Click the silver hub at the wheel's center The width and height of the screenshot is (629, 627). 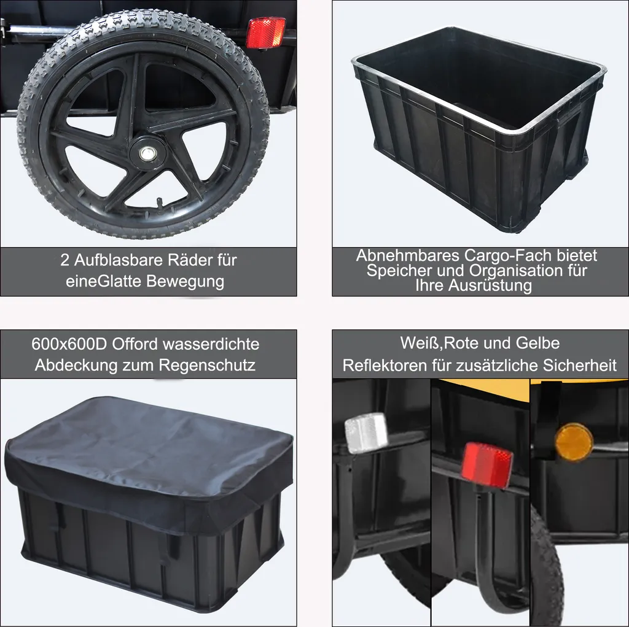148,153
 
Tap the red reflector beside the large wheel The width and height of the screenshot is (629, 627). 265,33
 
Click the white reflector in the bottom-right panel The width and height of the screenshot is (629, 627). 366,433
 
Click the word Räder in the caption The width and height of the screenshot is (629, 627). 190,260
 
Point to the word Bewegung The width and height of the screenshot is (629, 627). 185,281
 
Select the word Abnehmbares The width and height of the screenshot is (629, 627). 408,255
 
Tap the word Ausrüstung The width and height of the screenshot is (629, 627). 490,285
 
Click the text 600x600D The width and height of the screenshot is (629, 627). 69,344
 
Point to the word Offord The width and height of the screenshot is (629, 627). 135,344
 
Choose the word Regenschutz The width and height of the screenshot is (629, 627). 207,365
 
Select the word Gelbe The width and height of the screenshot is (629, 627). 537,343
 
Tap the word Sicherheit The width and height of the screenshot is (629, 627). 580,366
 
